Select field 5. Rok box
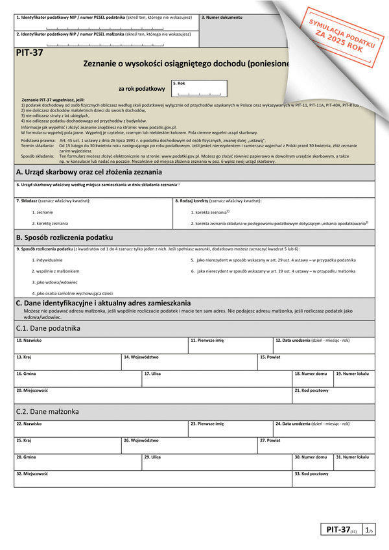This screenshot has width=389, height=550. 199,89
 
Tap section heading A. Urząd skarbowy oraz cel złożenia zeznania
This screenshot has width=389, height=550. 89,173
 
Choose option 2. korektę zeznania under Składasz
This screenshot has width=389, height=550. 50,223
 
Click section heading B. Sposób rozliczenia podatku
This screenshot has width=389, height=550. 64,238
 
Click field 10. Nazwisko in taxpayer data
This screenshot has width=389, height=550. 100,344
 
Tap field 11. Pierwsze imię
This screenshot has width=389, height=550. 230,344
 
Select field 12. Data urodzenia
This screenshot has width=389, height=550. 323,344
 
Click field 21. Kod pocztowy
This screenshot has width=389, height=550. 333,395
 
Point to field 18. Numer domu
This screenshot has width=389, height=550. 312,378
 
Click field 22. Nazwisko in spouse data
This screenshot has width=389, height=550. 100,429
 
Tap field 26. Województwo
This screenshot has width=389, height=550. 189,446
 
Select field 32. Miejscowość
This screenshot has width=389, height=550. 152,479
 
